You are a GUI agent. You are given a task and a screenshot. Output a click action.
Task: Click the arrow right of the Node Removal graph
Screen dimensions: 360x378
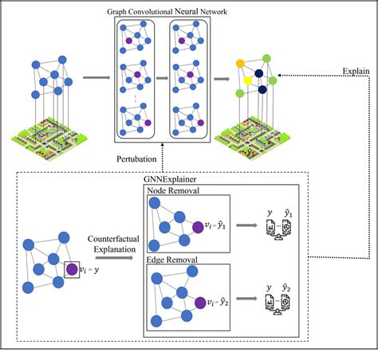click(246, 225)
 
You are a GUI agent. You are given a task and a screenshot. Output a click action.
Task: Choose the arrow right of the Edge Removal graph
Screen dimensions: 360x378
click(246, 303)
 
